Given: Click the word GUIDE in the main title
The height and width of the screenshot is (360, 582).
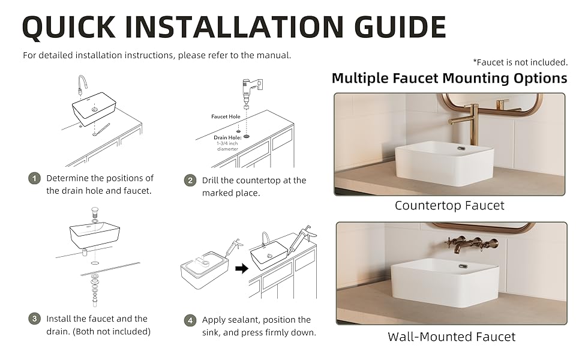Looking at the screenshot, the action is [400, 27].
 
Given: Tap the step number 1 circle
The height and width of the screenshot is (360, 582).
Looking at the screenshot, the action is [35, 179].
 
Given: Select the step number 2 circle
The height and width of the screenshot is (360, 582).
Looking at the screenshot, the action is [190, 181].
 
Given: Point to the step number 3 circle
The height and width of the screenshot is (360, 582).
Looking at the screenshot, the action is [35, 319].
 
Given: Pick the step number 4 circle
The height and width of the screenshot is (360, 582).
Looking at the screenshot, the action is [190, 320].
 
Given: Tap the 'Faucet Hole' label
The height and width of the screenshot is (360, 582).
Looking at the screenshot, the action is [226, 116].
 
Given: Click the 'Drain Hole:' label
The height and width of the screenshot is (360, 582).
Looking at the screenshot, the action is [227, 137].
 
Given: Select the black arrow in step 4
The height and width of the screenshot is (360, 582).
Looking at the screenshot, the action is [242, 268].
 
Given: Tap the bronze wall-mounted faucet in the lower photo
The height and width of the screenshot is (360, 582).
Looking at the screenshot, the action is [472, 245].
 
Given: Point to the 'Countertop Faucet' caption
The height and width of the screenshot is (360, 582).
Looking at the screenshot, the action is [449, 206].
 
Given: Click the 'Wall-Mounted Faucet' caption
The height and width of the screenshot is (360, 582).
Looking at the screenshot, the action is [451, 337].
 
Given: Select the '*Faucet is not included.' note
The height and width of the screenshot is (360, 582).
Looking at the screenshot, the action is [520, 62].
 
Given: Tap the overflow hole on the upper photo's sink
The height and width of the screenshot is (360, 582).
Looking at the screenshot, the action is [461, 148].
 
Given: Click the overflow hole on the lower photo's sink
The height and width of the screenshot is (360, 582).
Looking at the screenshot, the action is [463, 266].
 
